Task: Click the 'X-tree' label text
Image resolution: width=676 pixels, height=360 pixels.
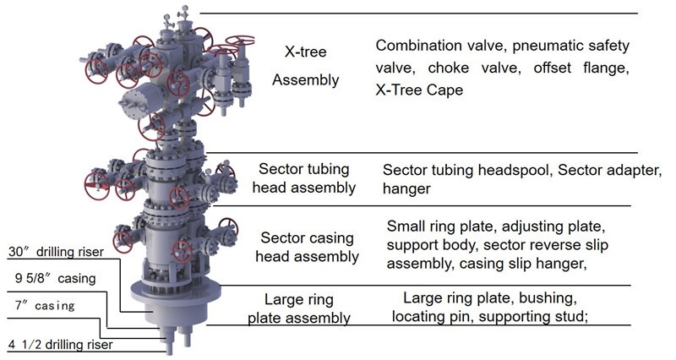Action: tap(305, 52)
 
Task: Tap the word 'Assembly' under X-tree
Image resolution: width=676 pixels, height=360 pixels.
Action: tap(305, 80)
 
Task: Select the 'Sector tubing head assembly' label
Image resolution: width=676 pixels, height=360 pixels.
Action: tap(304, 177)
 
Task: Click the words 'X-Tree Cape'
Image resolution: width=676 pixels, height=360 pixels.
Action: tap(420, 90)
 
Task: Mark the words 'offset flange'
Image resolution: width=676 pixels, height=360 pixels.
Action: tap(583, 68)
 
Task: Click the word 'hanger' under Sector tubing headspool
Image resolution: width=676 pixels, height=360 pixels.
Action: tap(407, 189)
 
